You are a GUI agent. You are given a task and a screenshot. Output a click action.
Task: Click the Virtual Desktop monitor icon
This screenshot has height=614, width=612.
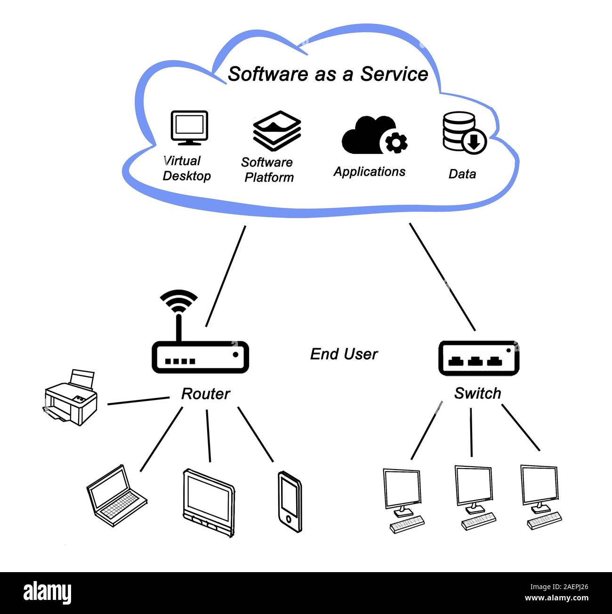point(189,128)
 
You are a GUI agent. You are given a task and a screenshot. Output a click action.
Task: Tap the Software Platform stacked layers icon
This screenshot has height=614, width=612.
point(277,131)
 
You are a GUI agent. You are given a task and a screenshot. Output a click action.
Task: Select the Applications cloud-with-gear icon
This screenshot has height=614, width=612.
point(374,136)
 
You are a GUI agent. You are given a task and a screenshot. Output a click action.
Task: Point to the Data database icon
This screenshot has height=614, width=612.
point(464,133)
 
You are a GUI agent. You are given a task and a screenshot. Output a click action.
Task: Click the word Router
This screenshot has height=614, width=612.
point(205,394)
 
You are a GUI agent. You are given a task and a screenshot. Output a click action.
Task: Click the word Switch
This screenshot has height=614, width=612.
point(477,393)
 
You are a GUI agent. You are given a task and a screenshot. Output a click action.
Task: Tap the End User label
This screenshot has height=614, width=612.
point(344,354)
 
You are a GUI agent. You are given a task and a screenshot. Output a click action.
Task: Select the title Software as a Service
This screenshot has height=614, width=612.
point(328,74)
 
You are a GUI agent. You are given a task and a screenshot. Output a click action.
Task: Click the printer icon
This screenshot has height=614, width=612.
point(71,398)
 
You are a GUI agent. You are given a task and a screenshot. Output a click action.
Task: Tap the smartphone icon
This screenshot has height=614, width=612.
point(290,502)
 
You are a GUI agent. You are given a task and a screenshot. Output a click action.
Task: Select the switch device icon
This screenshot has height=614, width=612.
point(478,359)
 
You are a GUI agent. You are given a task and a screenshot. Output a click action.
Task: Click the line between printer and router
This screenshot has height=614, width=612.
point(138,401)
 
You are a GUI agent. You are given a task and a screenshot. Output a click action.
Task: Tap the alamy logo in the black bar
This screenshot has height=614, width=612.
point(48,592)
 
